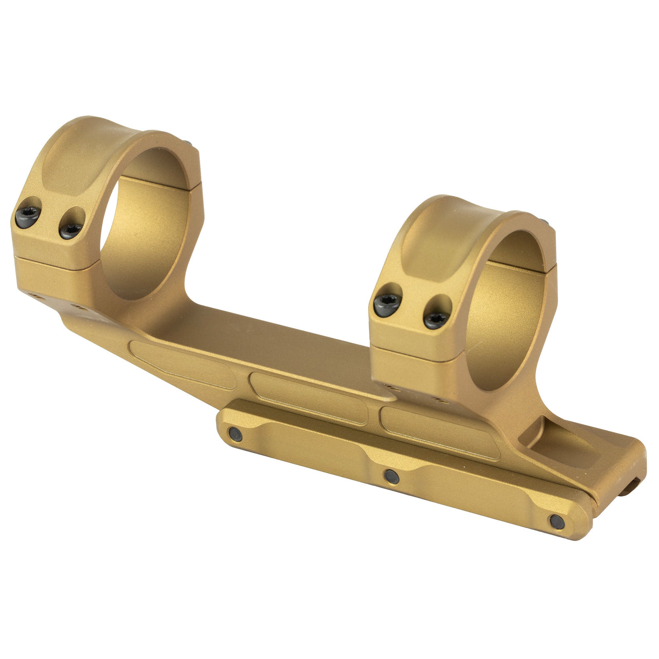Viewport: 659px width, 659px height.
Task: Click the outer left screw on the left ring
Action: click(28, 217)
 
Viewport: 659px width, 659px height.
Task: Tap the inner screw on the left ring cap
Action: click(70, 230)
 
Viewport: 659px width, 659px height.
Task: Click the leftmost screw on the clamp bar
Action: click(235, 435)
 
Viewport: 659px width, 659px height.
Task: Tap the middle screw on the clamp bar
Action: click(392, 476)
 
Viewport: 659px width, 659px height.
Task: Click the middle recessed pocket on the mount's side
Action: click(309, 398)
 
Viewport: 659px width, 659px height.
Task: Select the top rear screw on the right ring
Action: click(545, 222)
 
